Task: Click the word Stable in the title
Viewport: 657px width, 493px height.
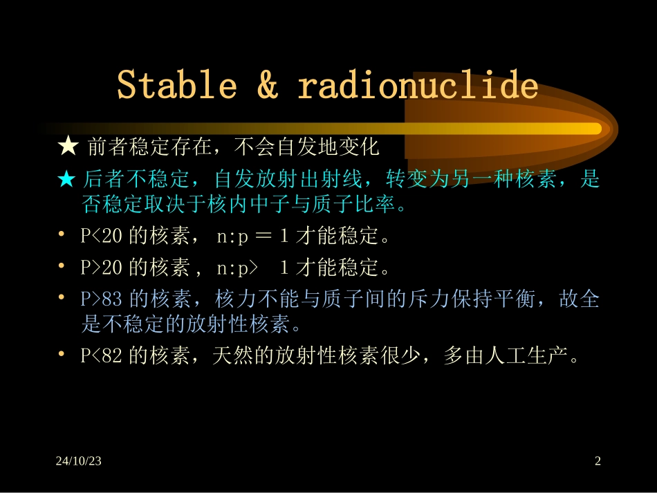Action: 177,86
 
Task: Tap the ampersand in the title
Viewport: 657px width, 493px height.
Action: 267,86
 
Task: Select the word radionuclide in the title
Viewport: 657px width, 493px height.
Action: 418,86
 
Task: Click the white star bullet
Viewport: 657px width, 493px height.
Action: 68,147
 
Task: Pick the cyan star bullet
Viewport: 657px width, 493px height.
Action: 67,180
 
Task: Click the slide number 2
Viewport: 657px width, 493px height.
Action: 598,461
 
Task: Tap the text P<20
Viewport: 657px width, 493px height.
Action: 102,236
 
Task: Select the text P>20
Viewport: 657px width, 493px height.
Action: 102,266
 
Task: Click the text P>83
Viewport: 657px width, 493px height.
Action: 102,299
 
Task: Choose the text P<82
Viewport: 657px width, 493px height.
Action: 102,355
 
